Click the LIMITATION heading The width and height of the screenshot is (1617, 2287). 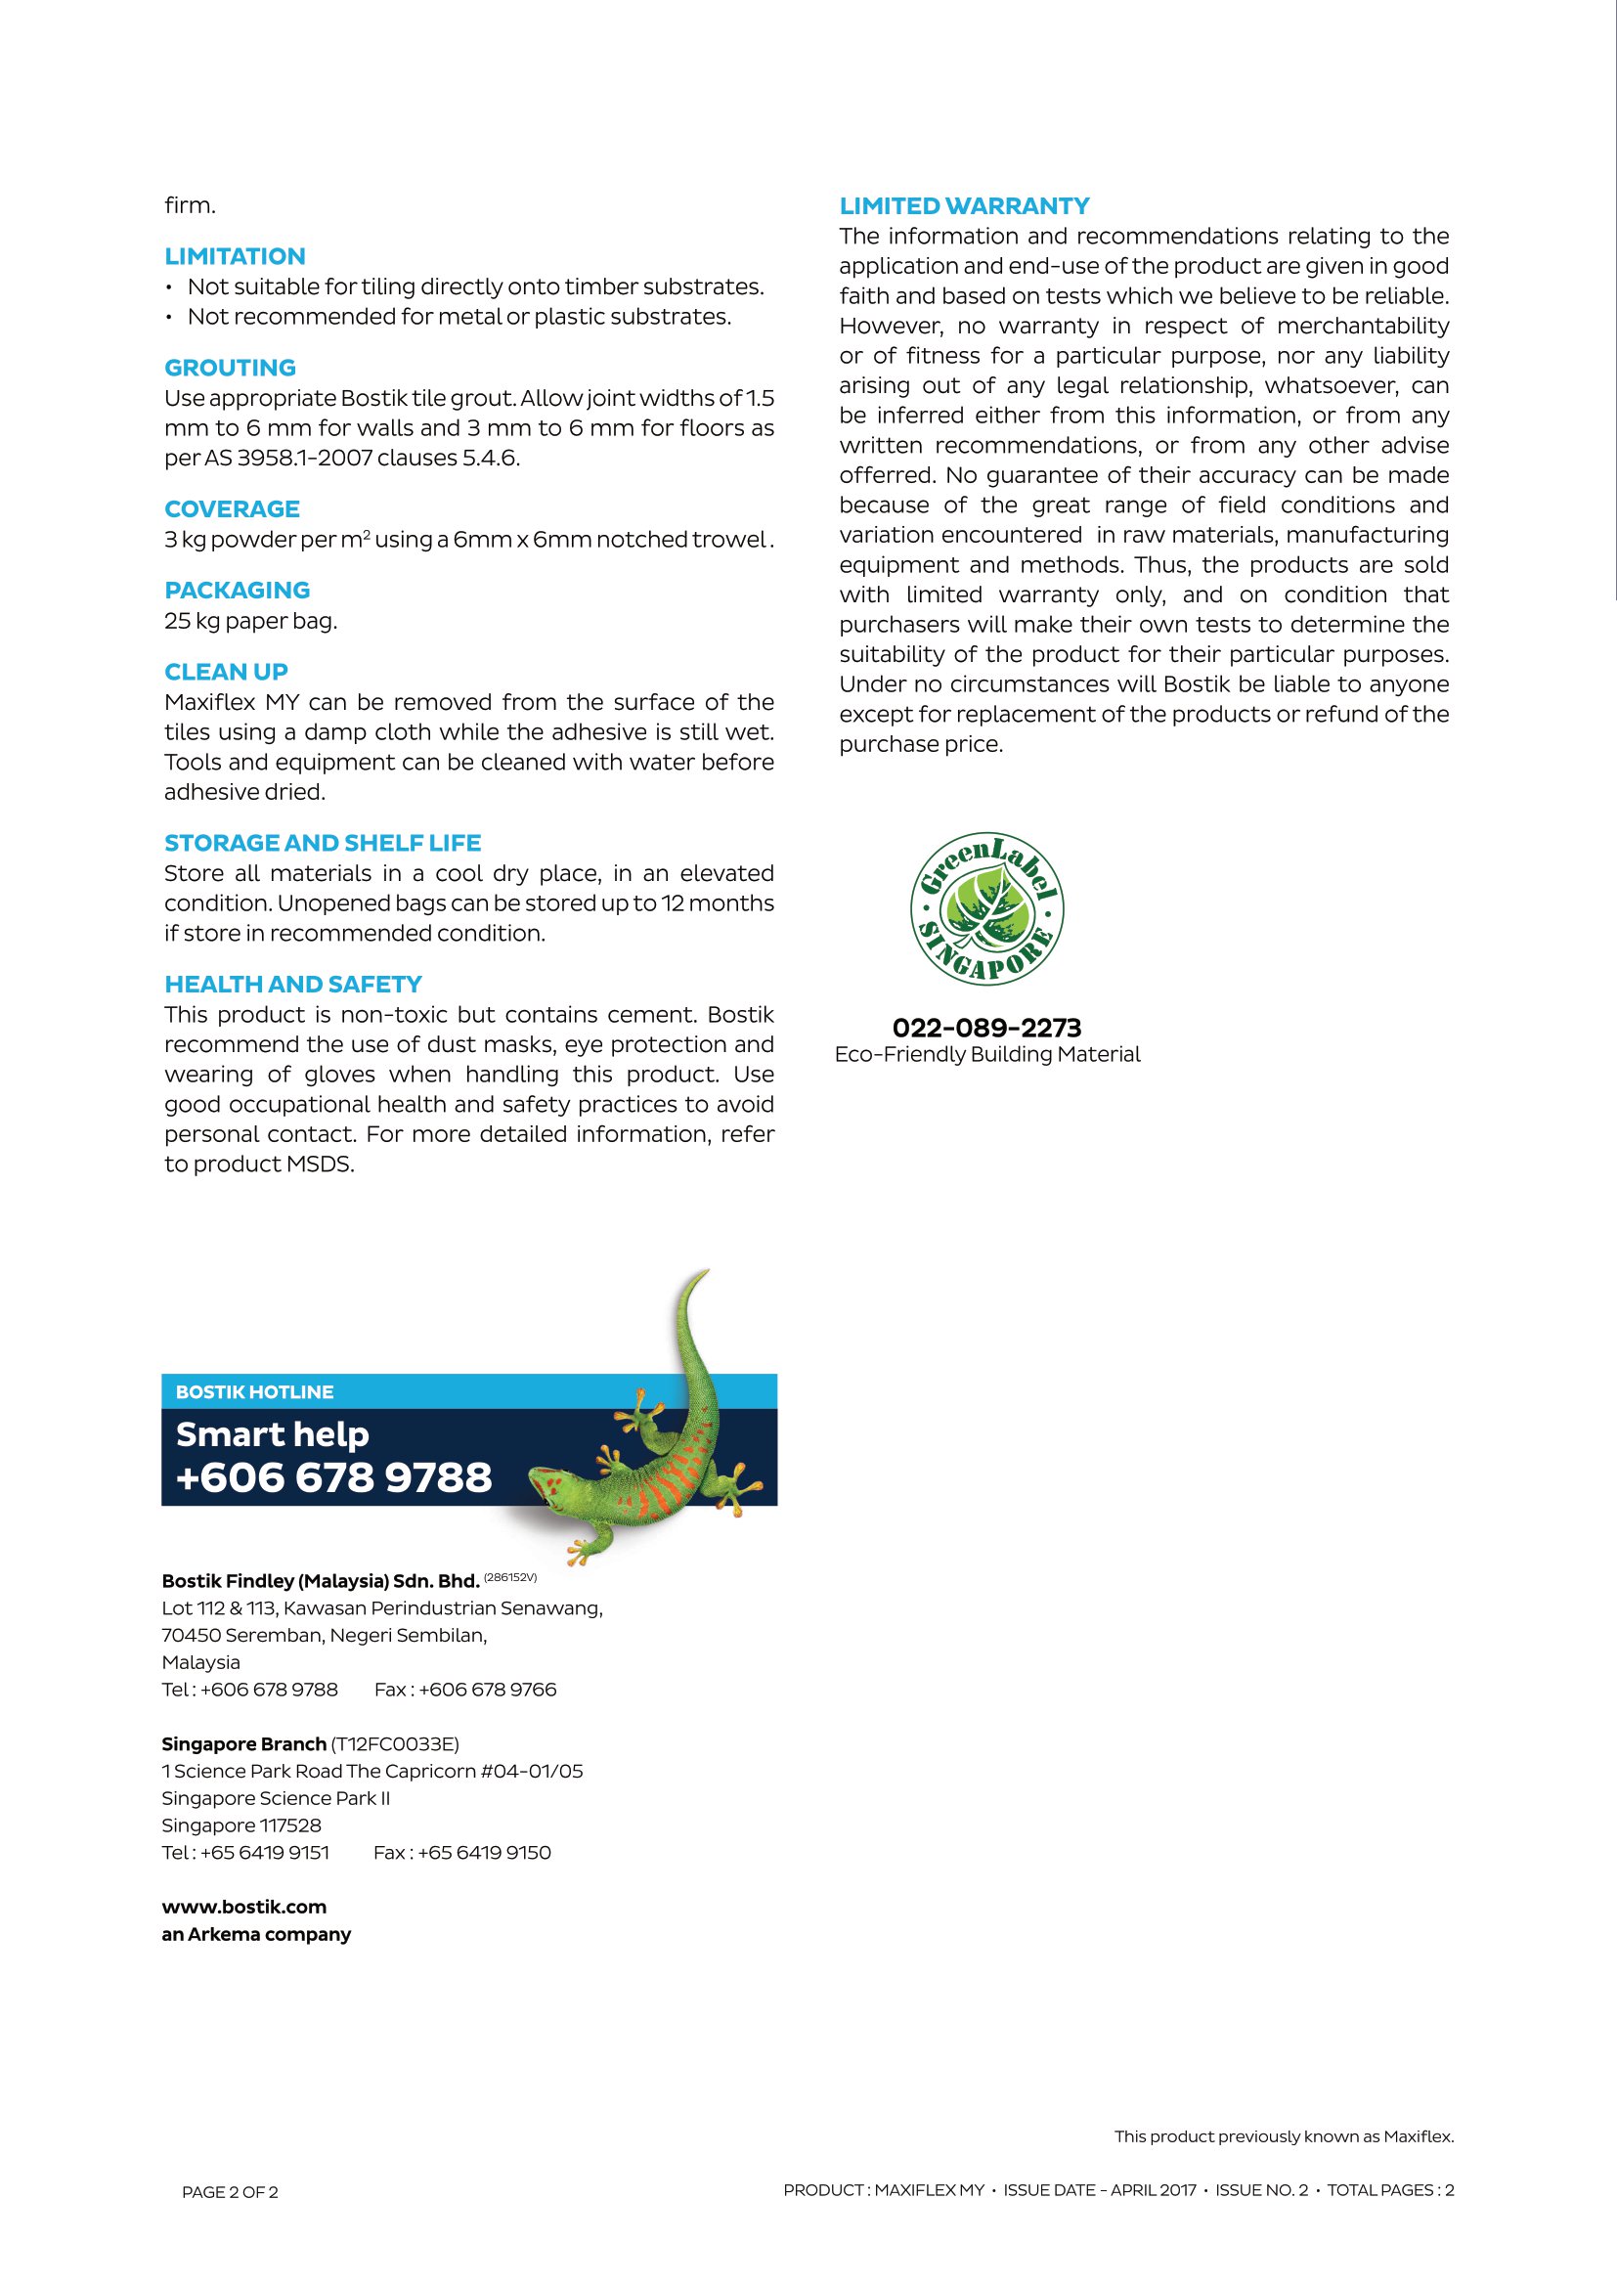pos(235,256)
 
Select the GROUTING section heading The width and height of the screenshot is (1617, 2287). pos(230,368)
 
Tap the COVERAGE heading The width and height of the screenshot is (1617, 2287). pos(232,509)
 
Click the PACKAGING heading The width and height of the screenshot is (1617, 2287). pos(237,590)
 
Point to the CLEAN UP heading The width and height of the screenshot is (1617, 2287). pos(226,672)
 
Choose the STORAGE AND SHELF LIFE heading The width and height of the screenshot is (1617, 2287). pos(323,843)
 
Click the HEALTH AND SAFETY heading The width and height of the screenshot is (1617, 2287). pos(292,985)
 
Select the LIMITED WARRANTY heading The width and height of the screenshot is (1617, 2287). pos(964,206)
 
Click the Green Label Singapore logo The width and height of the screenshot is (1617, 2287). pos(986,908)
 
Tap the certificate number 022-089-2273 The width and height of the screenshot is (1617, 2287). pos(985,1027)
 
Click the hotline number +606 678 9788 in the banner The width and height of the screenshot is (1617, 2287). pos(333,1476)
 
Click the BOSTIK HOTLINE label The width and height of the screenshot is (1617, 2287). pos(254,1391)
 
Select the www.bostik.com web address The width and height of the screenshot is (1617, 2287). pos(244,1907)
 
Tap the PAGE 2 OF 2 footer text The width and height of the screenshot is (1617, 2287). pos(230,2191)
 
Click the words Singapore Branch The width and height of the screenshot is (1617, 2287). pos(244,1743)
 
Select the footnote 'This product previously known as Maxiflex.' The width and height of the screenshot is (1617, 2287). pos(1284,2135)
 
